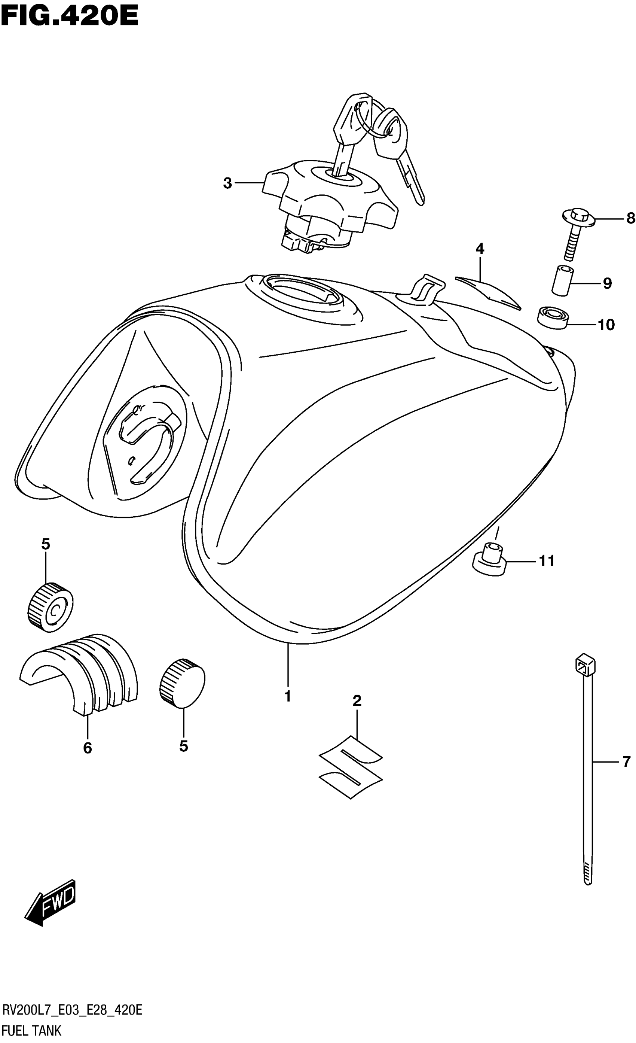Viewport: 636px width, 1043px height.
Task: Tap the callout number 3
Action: [x=227, y=183]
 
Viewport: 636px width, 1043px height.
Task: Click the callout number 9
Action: [x=607, y=283]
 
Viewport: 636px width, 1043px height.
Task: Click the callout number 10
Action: [x=606, y=325]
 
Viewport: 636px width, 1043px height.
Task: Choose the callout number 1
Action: [x=288, y=696]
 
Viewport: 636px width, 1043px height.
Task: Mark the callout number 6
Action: [x=87, y=748]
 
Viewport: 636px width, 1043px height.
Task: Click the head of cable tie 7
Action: [x=584, y=667]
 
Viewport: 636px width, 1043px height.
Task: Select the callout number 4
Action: [x=479, y=249]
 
